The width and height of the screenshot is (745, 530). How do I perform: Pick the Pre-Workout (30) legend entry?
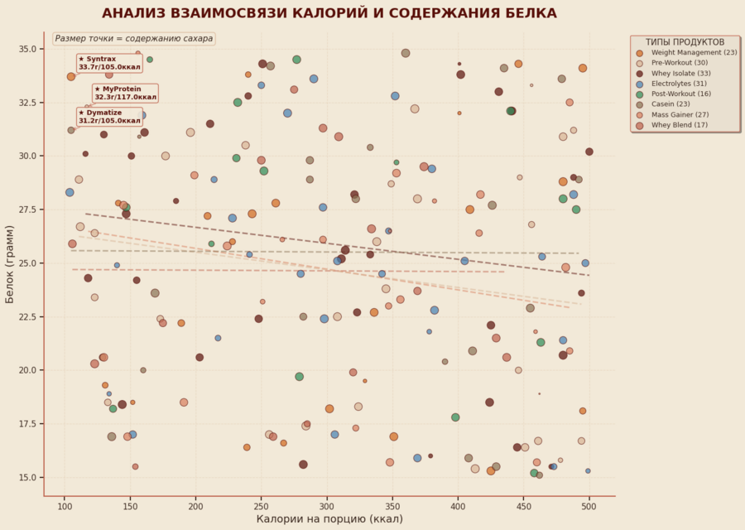pos(679,63)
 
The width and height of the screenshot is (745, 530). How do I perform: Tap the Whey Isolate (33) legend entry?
pos(680,74)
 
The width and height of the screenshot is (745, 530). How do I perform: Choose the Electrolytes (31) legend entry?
pos(679,84)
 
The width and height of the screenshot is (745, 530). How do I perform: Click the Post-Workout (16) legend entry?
pos(680,94)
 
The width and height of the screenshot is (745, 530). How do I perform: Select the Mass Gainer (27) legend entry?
pos(680,115)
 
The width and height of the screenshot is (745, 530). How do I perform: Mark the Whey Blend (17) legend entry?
pos(679,125)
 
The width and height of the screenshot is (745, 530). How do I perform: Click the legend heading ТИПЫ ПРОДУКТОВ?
pos(685,41)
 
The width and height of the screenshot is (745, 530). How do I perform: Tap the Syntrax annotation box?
pos(108,63)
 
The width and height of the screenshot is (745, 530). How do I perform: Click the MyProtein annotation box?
pos(125,93)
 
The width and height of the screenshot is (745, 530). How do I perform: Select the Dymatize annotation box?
pos(109,117)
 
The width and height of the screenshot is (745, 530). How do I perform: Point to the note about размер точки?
pos(134,38)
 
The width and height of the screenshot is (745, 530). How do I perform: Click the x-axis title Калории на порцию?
pos(329,519)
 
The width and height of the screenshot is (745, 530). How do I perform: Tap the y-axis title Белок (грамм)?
pos(10,263)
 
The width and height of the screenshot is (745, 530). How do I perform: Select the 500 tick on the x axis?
pos(589,506)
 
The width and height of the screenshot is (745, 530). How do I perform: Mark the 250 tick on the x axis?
pos(261,506)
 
